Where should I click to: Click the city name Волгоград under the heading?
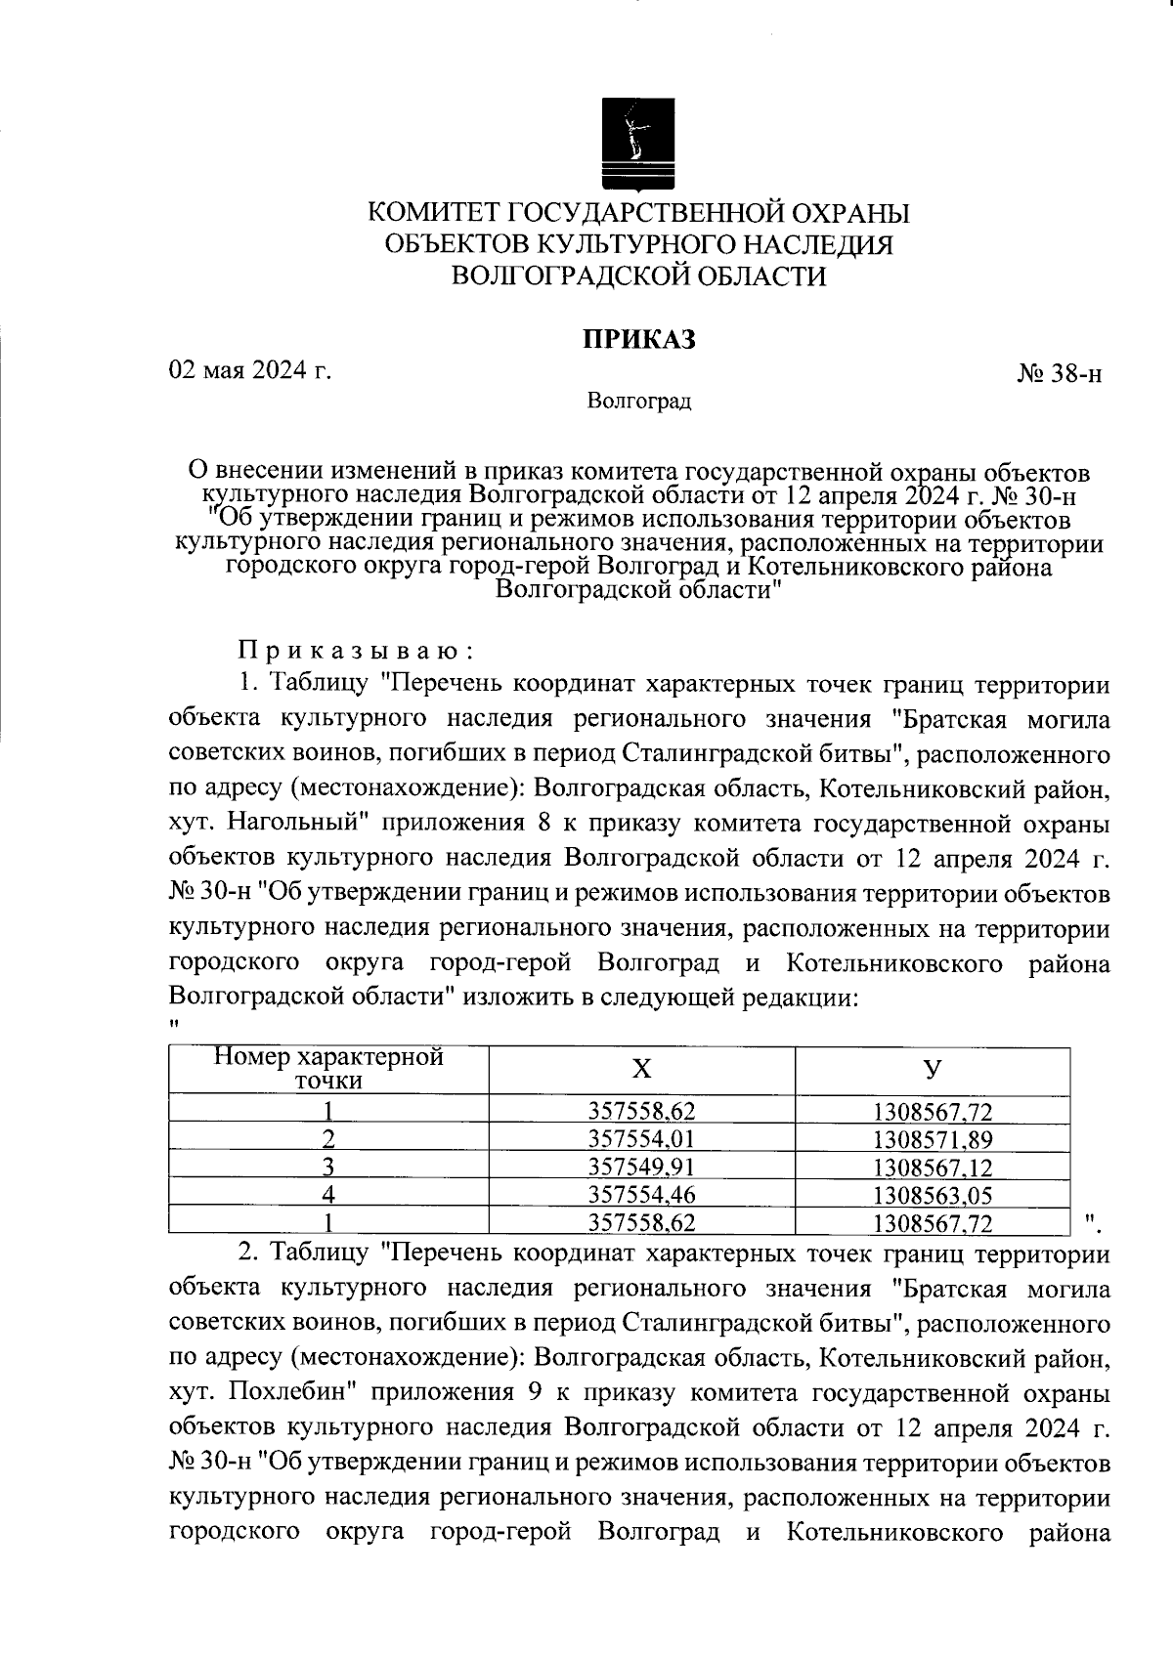(x=639, y=402)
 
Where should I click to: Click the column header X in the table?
(x=641, y=1069)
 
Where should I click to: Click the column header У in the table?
(x=933, y=1069)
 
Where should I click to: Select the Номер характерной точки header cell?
(x=328, y=1069)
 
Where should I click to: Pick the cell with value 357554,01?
(x=641, y=1138)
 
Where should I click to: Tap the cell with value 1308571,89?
(x=933, y=1138)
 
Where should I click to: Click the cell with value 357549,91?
(x=641, y=1166)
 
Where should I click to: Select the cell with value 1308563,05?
(x=933, y=1193)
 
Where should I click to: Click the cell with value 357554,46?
(x=641, y=1193)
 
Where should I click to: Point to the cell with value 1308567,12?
(x=933, y=1166)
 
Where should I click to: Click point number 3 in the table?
(x=329, y=1166)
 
